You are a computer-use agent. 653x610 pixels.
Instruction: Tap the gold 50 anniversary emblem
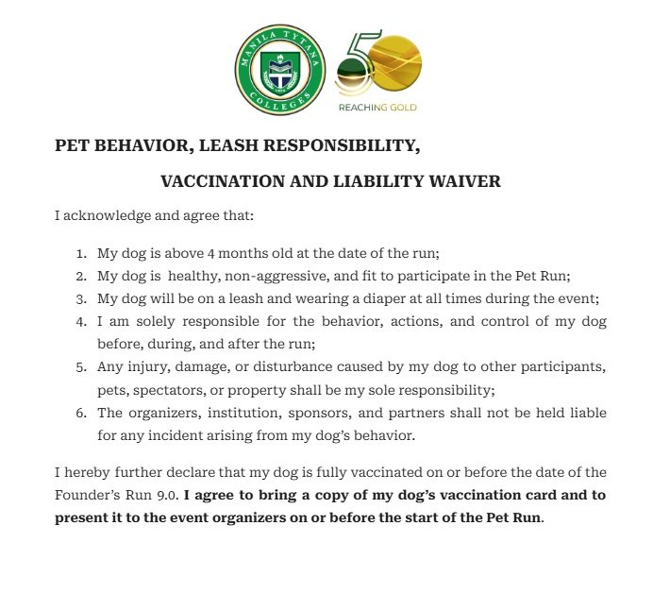pos(378,63)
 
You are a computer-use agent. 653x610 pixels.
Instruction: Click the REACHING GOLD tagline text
pos(377,108)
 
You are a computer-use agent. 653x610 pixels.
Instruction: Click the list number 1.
pos(80,254)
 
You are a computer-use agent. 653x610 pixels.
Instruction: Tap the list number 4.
pos(80,322)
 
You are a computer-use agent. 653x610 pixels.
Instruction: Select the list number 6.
pos(80,413)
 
